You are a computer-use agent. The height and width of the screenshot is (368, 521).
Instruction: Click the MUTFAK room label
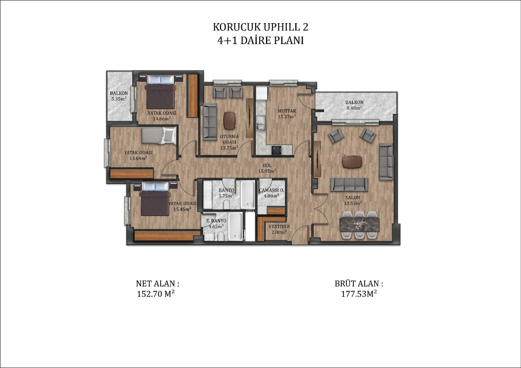287,111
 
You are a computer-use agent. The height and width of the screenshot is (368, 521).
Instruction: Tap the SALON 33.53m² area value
353,203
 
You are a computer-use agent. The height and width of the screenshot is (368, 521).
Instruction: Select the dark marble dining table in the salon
360,225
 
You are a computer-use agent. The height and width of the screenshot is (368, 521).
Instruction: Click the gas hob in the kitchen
277,149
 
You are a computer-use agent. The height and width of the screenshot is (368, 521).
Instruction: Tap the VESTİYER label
279,227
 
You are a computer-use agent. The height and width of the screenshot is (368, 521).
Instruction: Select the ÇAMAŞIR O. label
271,190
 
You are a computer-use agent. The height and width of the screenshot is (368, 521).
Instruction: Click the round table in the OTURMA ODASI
230,120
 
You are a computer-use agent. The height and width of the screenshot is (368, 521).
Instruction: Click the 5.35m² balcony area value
119,99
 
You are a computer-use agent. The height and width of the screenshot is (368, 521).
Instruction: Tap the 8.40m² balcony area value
354,108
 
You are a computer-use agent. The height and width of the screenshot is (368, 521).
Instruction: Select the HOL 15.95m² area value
267,171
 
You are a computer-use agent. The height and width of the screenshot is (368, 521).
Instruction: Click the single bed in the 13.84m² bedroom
159,136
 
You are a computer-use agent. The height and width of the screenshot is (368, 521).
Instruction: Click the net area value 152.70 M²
156,294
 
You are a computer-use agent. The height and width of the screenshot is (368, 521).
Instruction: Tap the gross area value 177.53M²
359,294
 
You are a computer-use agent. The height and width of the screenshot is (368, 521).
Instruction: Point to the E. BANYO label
216,221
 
